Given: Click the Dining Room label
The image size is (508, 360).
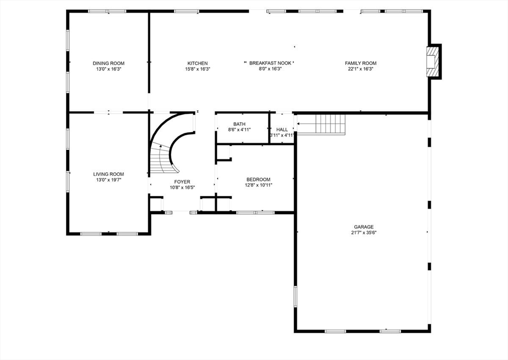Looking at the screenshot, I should coord(108,63).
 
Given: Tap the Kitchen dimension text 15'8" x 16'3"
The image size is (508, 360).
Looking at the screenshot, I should coord(197,70).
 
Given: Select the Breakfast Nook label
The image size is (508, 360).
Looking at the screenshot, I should coord(270,63).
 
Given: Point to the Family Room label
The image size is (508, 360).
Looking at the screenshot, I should coord(361,63).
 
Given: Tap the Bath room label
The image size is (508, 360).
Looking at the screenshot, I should coord(239,124).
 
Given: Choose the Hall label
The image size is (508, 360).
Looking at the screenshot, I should coord(282,129).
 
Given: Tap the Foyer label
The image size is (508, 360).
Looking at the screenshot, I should coord(182,182).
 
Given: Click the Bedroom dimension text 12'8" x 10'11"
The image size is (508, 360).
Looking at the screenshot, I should coord(258,185).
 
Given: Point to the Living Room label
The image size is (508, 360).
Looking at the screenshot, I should coord(108,174).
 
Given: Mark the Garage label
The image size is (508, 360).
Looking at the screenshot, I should coord(364,226).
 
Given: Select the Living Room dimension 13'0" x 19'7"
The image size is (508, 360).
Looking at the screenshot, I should coord(108,180).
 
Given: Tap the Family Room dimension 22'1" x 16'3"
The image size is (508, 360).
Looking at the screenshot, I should coord(361,70).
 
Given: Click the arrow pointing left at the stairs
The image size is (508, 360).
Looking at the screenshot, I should coord(306,124).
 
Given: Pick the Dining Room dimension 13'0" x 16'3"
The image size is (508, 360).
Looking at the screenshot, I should coord(108,70).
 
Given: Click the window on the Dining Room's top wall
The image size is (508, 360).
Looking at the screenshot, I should coord(107,11).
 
